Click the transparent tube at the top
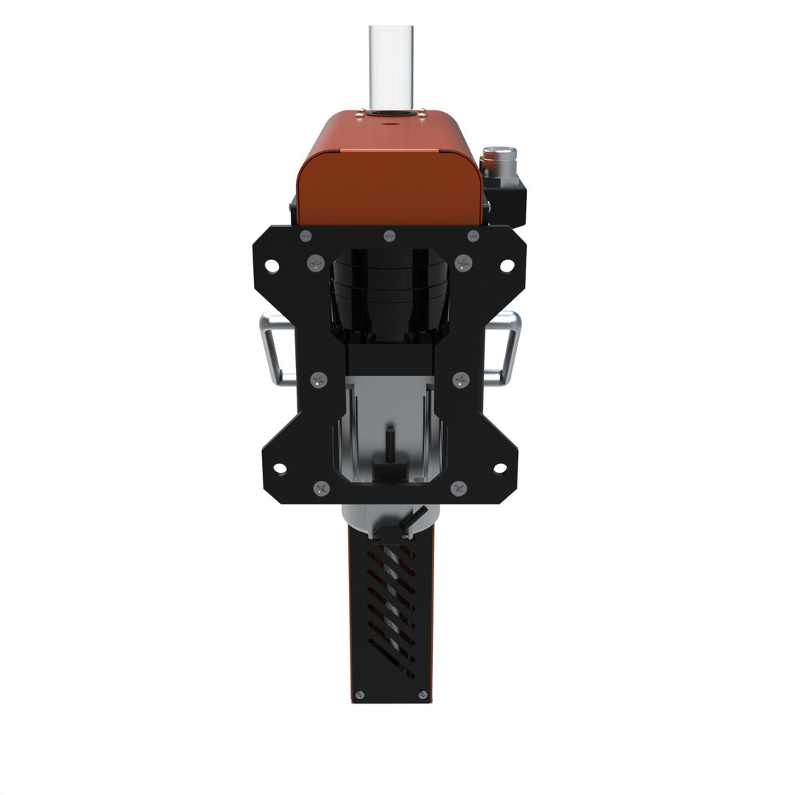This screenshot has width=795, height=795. tap(390, 66)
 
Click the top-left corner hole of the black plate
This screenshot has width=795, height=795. tap(272, 264)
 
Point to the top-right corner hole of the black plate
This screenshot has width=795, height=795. tap(507, 264)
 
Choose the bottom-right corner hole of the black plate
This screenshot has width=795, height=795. tap(499, 467)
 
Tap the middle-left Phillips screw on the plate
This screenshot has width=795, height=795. tap(318, 380)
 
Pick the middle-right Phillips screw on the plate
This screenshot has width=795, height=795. tap(461, 380)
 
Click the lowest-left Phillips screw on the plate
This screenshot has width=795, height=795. tap(321, 487)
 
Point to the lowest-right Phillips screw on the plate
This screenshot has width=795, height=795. tap(458, 487)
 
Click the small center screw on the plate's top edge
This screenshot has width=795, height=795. tap(389, 236)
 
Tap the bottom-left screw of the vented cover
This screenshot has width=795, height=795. tap(359, 695)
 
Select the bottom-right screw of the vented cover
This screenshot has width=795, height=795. tap(422, 695)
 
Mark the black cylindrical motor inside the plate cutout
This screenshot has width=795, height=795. tap(389, 294)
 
